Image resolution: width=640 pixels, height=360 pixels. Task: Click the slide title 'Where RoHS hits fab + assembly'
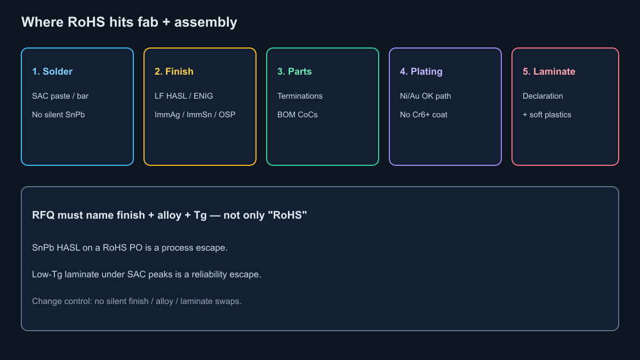129,22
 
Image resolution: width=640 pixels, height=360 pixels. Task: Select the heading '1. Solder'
52,71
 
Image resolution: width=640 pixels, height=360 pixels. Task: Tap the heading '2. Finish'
174,71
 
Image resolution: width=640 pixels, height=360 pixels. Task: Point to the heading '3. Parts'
294,71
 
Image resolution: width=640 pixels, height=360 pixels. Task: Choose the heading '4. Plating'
421,71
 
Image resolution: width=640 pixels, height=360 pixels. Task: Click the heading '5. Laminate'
549,71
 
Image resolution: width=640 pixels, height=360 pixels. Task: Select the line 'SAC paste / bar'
60,96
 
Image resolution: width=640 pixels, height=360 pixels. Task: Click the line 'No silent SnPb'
58,115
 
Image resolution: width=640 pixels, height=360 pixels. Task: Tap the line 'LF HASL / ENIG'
183,96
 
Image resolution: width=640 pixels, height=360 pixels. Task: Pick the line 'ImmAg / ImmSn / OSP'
195,115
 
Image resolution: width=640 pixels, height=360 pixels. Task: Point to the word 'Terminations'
300,96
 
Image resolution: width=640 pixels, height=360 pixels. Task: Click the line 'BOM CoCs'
298,115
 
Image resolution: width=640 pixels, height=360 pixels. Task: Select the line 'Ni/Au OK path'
426,96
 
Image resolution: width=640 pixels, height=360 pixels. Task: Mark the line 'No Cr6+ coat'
423,115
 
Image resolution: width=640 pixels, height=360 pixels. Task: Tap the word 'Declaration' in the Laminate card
543,96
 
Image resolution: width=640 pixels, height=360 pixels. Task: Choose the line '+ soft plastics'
547,115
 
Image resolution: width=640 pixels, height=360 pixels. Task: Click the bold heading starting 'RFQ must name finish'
170,215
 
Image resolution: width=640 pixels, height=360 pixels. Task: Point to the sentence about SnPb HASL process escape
130,247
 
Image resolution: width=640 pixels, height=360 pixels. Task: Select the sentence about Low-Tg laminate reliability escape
147,274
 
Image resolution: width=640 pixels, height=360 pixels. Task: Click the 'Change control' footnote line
137,301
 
